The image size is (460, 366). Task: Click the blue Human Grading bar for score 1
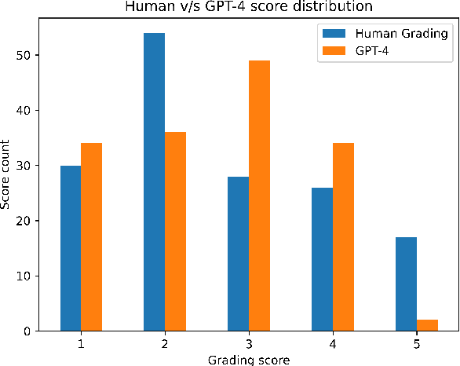click(71, 248)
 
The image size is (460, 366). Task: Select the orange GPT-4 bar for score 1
click(91, 237)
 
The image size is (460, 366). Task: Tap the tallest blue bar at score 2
click(154, 182)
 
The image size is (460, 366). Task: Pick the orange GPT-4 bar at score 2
click(175, 232)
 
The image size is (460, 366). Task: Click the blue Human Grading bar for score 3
click(238, 254)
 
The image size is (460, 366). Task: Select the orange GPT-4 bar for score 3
click(259, 196)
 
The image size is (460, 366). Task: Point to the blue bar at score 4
click(322, 259)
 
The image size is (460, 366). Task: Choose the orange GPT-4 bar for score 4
click(343, 237)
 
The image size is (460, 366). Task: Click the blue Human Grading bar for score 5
click(406, 284)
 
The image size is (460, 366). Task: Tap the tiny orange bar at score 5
click(427, 325)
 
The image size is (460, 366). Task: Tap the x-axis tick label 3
click(249, 345)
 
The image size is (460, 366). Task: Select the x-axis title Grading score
click(249, 360)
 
